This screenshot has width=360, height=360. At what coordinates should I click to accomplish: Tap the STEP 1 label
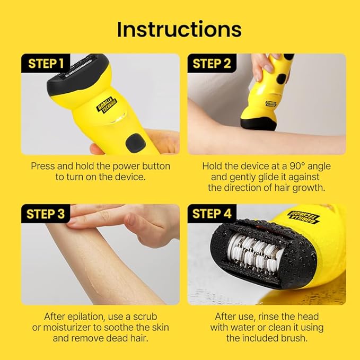point(46,64)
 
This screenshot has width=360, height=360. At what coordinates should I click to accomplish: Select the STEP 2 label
point(212,64)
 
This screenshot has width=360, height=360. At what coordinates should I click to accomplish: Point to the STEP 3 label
point(46,214)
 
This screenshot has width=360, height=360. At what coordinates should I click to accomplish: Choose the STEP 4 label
point(212,214)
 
